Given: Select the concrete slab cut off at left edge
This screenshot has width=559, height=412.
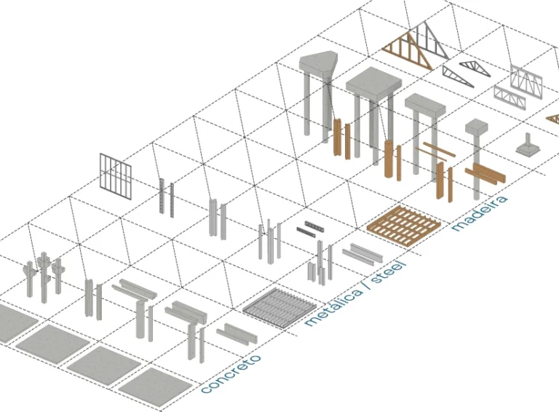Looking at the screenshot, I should (x=11, y=321).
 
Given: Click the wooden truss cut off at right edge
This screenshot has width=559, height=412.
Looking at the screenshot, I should (x=552, y=119).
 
